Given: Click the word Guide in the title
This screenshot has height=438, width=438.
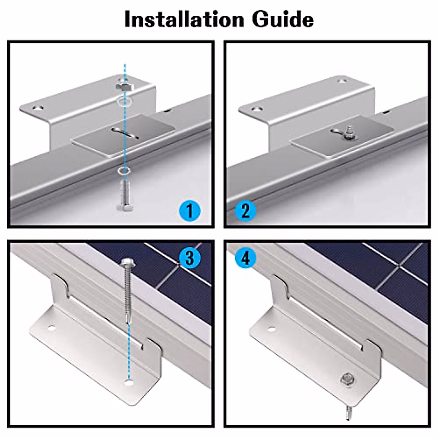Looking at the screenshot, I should coord(283,19).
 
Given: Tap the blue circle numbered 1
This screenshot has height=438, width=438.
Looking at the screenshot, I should coord(190,211).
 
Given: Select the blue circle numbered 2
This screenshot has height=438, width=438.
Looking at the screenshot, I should coord(246,211).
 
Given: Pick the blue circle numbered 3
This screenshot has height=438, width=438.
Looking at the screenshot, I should coord(190,258).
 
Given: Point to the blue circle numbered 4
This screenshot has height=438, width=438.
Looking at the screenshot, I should coord(246,258).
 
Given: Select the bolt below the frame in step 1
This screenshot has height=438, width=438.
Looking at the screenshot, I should coord(124,195).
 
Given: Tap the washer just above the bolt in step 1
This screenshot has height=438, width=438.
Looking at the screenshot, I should coord(124,170).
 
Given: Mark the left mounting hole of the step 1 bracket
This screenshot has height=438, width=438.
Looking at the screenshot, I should coord(37,108).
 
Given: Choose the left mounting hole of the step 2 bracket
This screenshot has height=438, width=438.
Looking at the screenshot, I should coord(256,109).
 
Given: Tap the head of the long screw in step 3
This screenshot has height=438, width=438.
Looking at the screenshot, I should coord(127,262).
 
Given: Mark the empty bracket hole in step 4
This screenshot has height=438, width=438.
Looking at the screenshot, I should coord(271,329).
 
